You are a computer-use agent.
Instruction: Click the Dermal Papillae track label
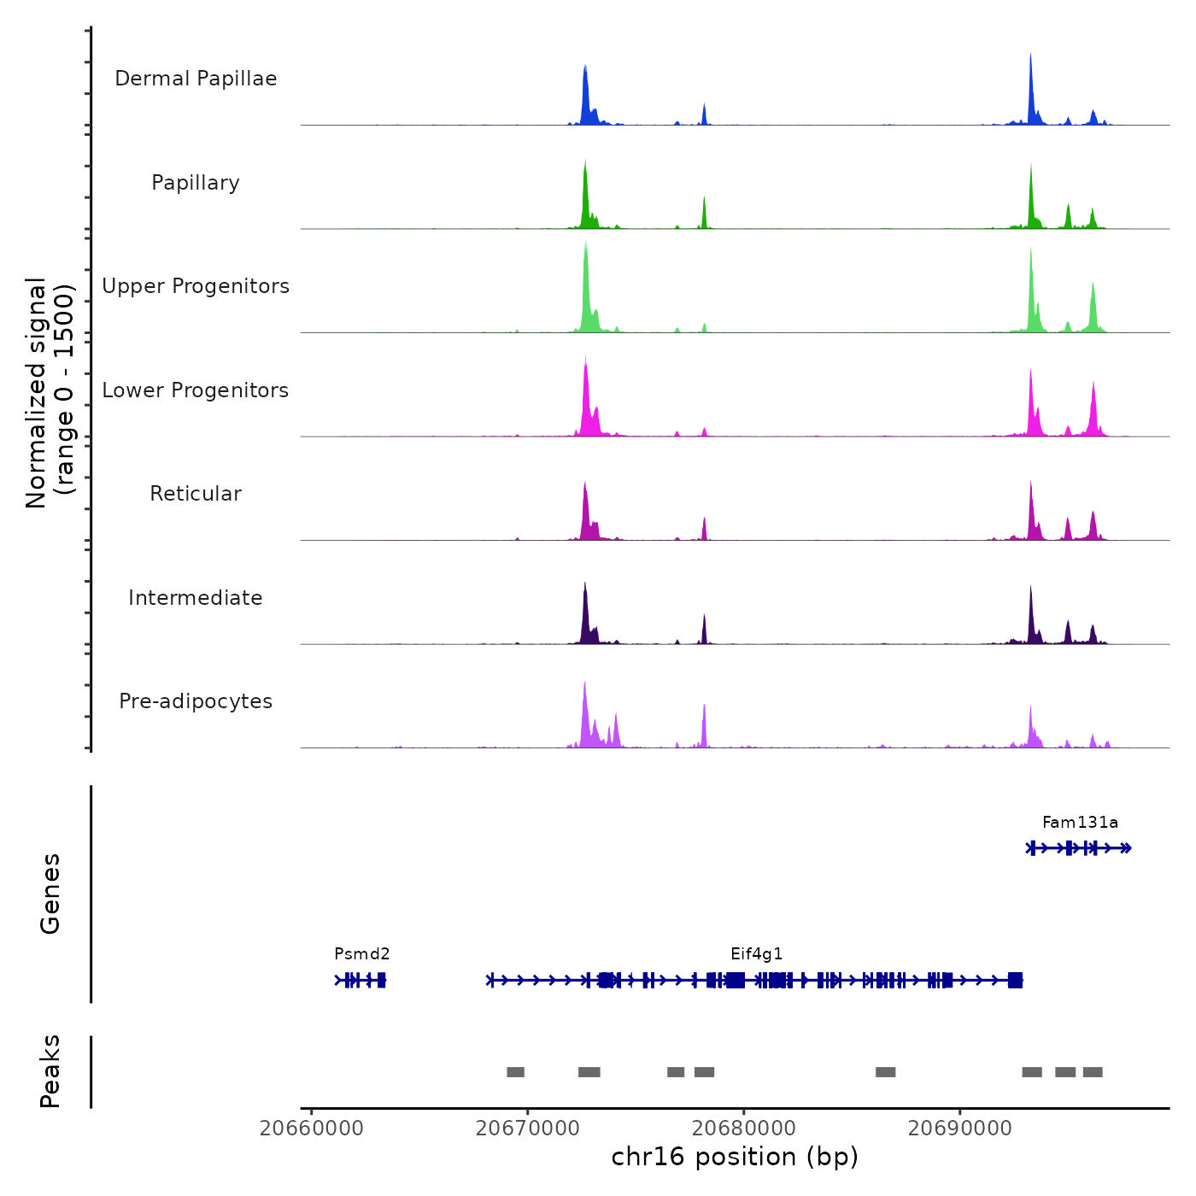pos(196,79)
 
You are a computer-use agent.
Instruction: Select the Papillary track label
pos(196,183)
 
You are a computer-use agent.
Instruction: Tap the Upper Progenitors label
pos(196,286)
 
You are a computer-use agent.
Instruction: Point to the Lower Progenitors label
pos(196,390)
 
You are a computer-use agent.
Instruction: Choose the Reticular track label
pos(196,494)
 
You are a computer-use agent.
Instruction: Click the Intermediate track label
pos(196,598)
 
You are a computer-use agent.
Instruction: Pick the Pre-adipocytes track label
pos(196,701)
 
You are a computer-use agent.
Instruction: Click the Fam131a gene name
pos(1080,823)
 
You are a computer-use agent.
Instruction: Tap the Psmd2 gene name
pos(362,954)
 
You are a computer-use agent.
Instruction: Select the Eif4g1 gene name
pos(757,954)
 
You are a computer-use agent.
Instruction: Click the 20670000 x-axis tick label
pos(528,1129)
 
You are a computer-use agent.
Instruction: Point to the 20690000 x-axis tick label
pos(960,1129)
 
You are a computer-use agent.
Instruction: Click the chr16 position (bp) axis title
pos(735,1157)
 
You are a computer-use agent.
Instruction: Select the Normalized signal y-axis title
pos(50,393)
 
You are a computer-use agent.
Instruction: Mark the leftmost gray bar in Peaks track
pos(515,1072)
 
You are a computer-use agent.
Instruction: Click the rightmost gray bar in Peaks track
pos(1093,1072)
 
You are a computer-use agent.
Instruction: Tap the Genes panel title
pos(50,894)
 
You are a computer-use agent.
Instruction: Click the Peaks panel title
pos(50,1071)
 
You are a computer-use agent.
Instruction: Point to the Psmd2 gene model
pos(361,980)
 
